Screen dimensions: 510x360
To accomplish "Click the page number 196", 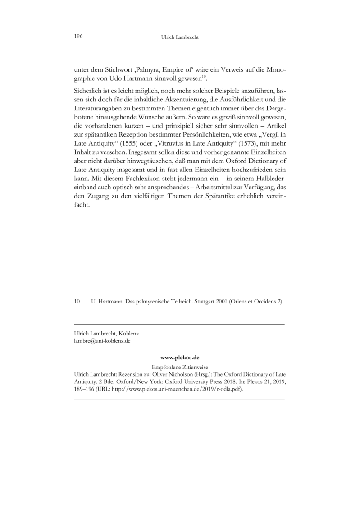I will (77, 37).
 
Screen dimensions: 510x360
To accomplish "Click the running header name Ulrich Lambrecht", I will (180, 38).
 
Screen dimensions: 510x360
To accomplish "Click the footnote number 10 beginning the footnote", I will (77, 301).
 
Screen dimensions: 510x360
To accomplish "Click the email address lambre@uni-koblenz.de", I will (102, 341).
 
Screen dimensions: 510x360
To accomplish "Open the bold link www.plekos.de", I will (179, 357).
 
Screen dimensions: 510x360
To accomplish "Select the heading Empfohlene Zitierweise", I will (179, 367).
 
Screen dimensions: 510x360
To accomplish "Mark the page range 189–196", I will (84, 390).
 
